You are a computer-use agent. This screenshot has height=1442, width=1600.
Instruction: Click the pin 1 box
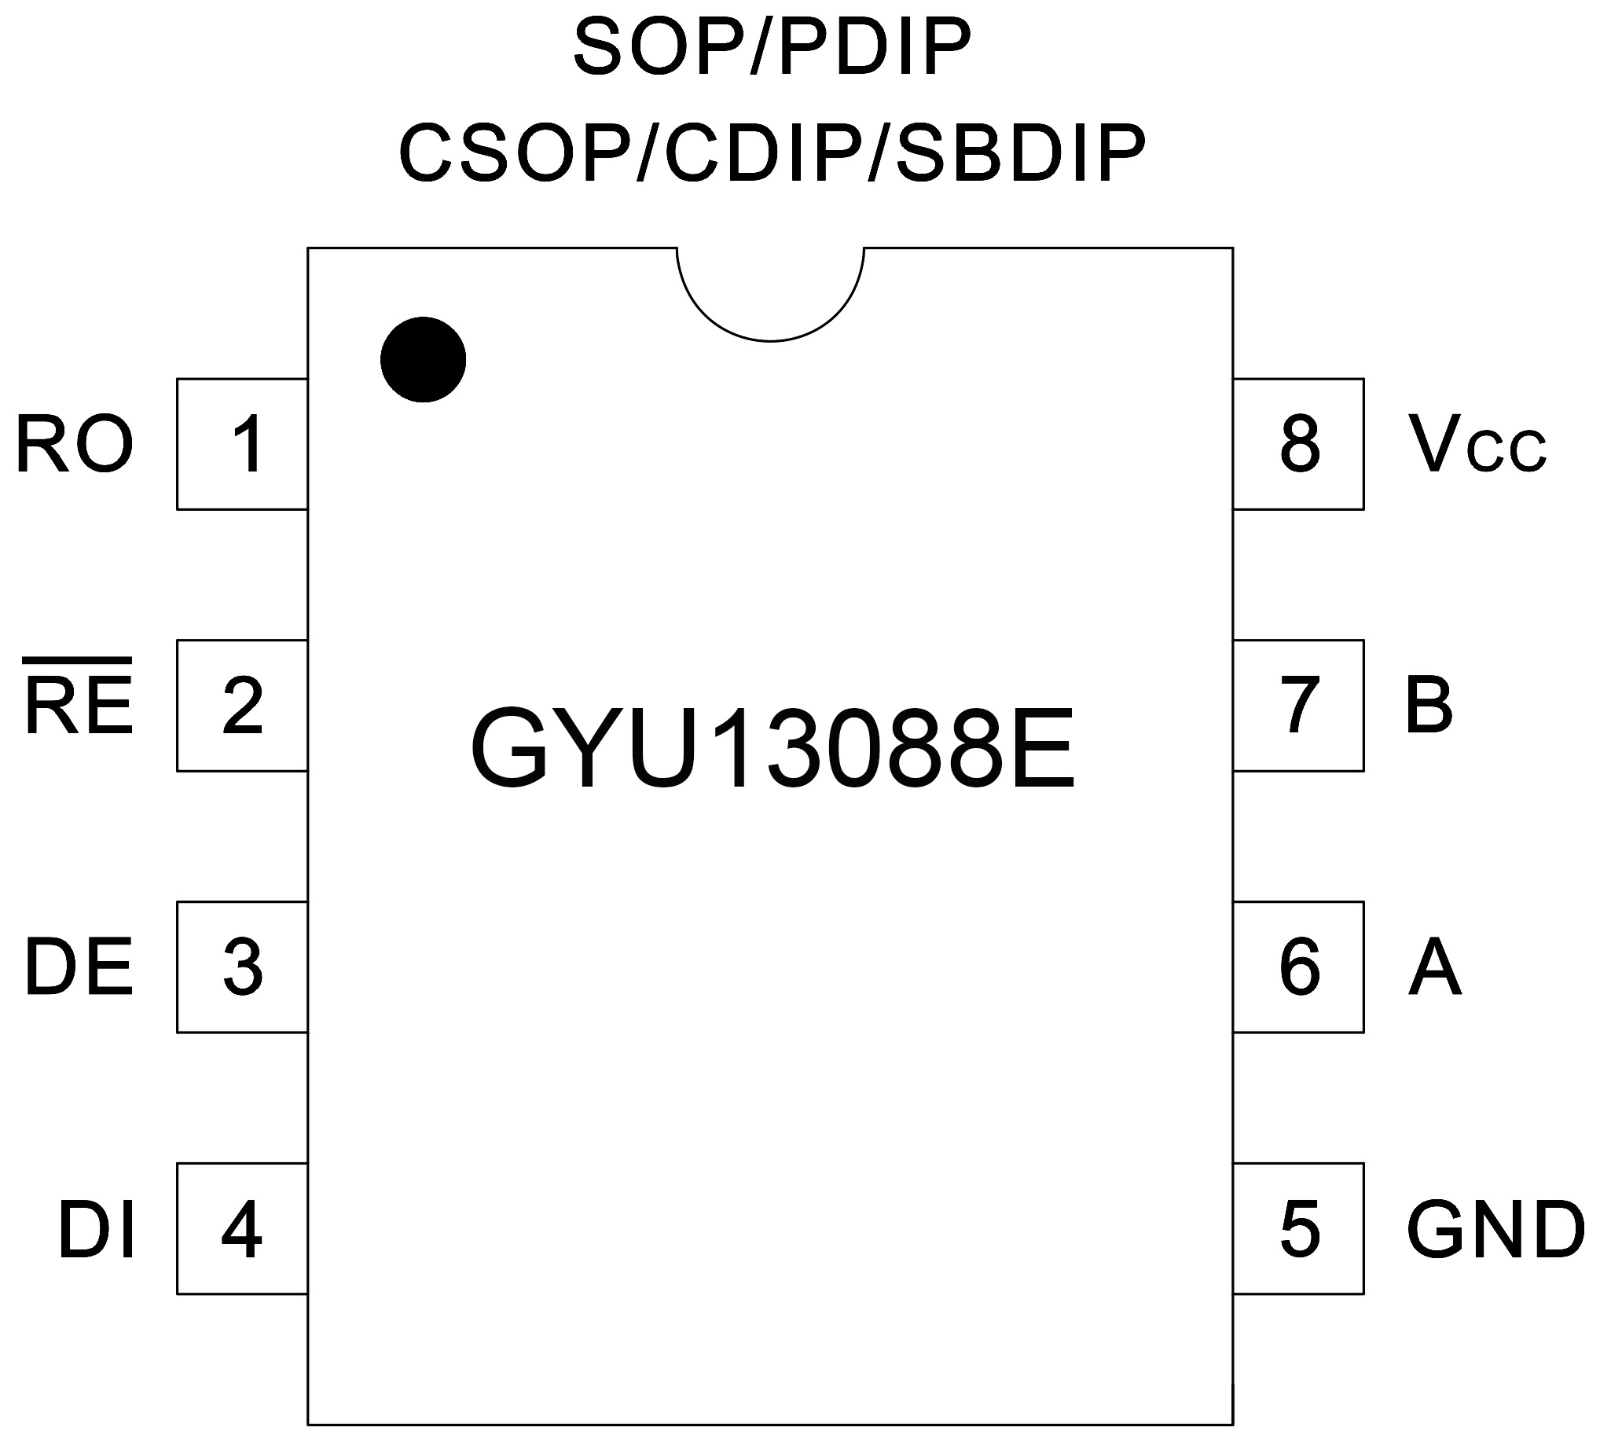click(x=242, y=444)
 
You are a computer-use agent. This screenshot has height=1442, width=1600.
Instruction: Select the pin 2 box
click(x=242, y=705)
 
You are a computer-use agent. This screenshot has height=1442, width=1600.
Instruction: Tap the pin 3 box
click(x=242, y=967)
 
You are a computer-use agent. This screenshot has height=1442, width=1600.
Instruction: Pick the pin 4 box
click(x=242, y=1229)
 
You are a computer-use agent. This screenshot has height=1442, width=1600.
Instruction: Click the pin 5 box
click(x=1299, y=1229)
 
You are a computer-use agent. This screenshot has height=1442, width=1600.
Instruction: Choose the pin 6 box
click(x=1299, y=967)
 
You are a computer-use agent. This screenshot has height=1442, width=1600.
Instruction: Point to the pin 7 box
click(x=1299, y=705)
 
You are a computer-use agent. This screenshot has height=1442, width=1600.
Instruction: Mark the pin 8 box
click(x=1299, y=444)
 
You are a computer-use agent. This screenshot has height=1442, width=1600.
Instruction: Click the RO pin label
click(x=75, y=446)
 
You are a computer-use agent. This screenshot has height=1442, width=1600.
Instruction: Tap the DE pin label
click(x=78, y=967)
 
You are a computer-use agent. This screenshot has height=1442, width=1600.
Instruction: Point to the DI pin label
click(x=96, y=1230)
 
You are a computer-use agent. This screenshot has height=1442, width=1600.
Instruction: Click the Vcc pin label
click(x=1477, y=446)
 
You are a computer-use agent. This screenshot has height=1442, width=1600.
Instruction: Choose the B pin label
click(x=1429, y=705)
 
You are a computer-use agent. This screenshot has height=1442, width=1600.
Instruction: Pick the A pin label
click(x=1434, y=967)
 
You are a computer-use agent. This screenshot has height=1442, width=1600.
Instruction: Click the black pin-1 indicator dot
click(x=423, y=360)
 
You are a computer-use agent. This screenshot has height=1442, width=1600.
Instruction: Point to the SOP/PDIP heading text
click(x=772, y=47)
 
